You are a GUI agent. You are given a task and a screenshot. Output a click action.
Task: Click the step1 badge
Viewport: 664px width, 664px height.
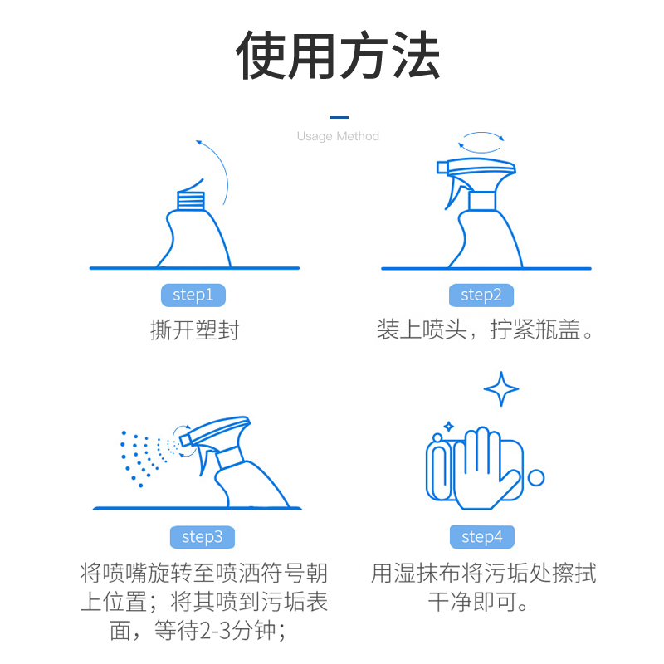[x=193, y=295]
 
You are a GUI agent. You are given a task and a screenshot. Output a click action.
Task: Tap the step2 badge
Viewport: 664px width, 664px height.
[x=481, y=295]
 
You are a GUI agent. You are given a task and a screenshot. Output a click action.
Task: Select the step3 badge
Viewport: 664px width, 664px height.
[x=203, y=537]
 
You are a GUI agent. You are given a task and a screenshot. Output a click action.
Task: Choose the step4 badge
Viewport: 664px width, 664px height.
[x=482, y=537]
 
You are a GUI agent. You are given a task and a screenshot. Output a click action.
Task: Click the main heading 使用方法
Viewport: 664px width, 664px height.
[x=338, y=56]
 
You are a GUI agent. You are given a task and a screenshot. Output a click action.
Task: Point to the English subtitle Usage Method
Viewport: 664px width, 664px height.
[x=338, y=136]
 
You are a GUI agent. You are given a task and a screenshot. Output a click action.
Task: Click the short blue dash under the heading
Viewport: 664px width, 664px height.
[x=339, y=117]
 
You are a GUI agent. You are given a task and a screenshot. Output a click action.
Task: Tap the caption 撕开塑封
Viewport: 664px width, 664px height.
[x=195, y=330]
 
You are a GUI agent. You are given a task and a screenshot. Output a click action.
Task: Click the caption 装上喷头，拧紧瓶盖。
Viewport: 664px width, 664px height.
[x=485, y=330]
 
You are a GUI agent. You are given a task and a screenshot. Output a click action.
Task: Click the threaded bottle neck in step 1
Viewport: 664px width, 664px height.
[x=191, y=200]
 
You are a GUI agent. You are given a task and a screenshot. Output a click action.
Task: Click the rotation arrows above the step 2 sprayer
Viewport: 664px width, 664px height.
[x=481, y=142]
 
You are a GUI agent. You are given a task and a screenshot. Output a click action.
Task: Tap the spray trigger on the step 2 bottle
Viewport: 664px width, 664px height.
[x=454, y=192]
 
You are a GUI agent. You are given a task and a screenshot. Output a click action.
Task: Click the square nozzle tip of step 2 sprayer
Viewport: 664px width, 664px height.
[x=442, y=168]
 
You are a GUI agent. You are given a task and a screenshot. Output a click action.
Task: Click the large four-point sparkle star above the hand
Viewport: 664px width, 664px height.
[x=501, y=388]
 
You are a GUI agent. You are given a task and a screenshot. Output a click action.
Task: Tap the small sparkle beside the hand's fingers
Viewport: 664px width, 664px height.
[x=449, y=427]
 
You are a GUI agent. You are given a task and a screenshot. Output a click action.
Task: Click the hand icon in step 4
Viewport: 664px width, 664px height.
[x=483, y=468]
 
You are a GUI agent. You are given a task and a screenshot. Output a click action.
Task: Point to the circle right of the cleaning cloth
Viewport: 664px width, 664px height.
[x=536, y=478]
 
